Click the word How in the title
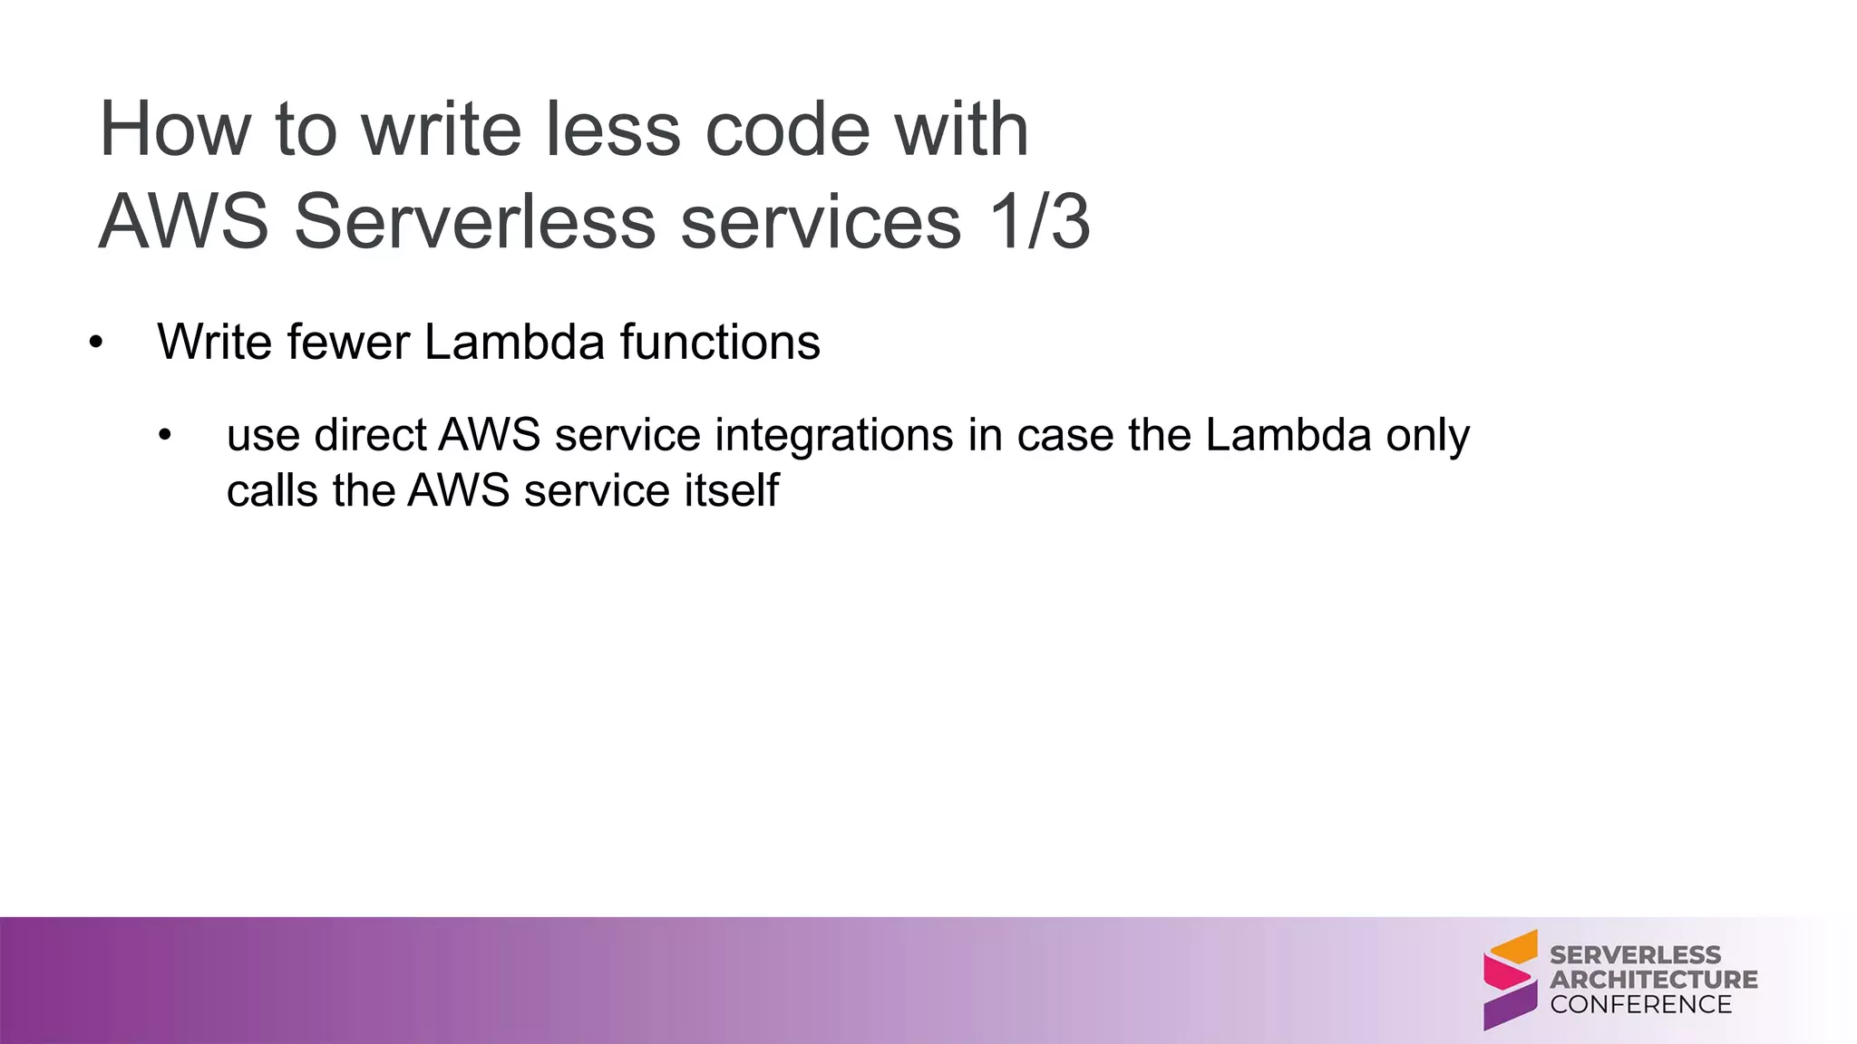tap(174, 130)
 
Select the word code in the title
tap(787, 130)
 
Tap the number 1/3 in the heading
tap(1039, 222)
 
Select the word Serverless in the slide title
tap(474, 222)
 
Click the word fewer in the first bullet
tap(348, 343)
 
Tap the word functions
tap(720, 343)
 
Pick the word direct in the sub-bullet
tap(370, 435)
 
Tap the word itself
tap(732, 491)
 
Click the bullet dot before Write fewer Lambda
tap(96, 343)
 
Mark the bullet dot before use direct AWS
tap(164, 436)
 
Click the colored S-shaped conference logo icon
tap(1511, 980)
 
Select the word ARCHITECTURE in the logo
tap(1653, 980)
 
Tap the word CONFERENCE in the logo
tap(1640, 1004)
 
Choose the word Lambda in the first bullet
tap(514, 343)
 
